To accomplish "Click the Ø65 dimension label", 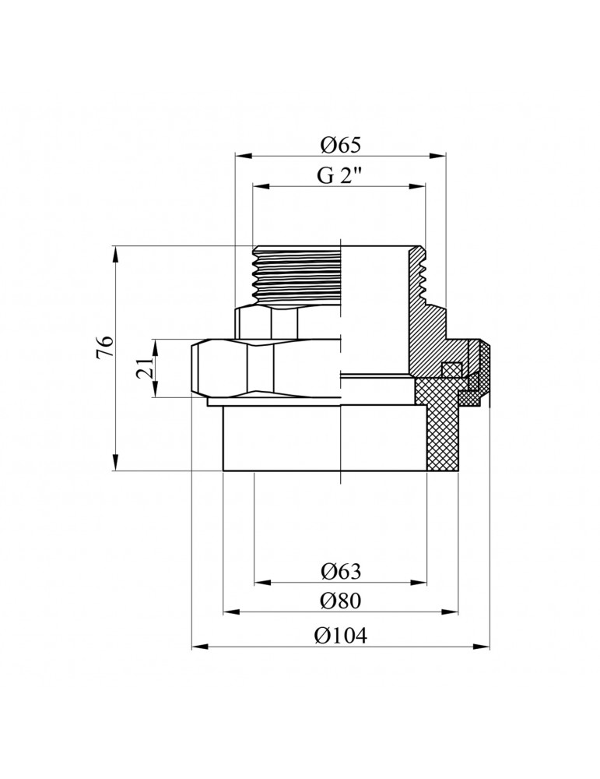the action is click(340, 145).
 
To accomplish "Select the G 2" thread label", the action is click(339, 175).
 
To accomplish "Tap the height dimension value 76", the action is click(105, 347).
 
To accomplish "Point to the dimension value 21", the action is click(146, 368).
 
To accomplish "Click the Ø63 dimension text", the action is click(340, 571).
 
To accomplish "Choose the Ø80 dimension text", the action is click(340, 601).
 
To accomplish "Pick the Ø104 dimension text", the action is click(340, 635).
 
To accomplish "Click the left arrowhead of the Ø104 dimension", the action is click(199, 647).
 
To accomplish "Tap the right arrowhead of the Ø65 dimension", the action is click(437, 156).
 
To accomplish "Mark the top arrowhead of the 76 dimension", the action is click(116, 253).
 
